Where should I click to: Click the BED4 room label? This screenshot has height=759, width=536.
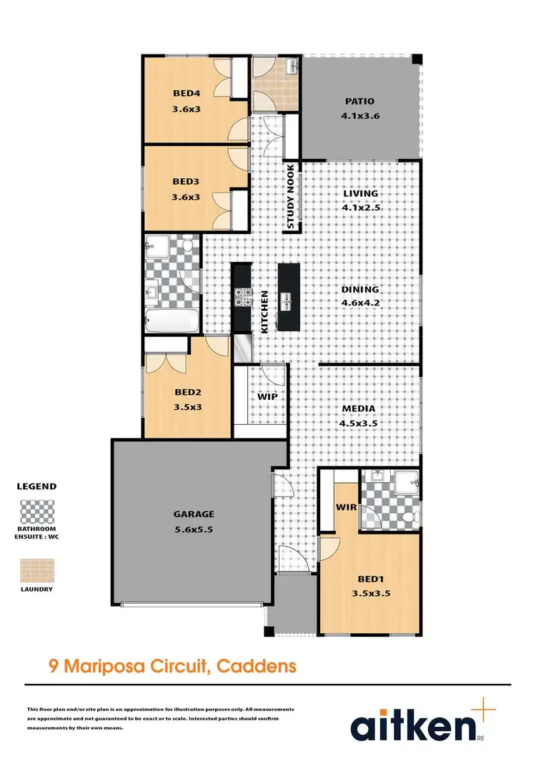point(185,92)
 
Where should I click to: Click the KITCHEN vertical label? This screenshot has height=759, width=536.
point(264,311)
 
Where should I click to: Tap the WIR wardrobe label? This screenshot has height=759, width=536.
point(346,507)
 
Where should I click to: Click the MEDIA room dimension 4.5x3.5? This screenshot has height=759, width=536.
point(358,422)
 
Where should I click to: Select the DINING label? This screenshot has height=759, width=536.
point(359,290)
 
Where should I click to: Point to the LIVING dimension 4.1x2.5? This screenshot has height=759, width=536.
point(359,207)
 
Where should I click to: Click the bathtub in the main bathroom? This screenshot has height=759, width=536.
point(172,320)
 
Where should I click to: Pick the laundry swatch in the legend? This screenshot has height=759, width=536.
point(36,570)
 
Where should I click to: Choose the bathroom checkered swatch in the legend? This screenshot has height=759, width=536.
point(36,513)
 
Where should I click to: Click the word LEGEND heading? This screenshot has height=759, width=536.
point(36,486)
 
